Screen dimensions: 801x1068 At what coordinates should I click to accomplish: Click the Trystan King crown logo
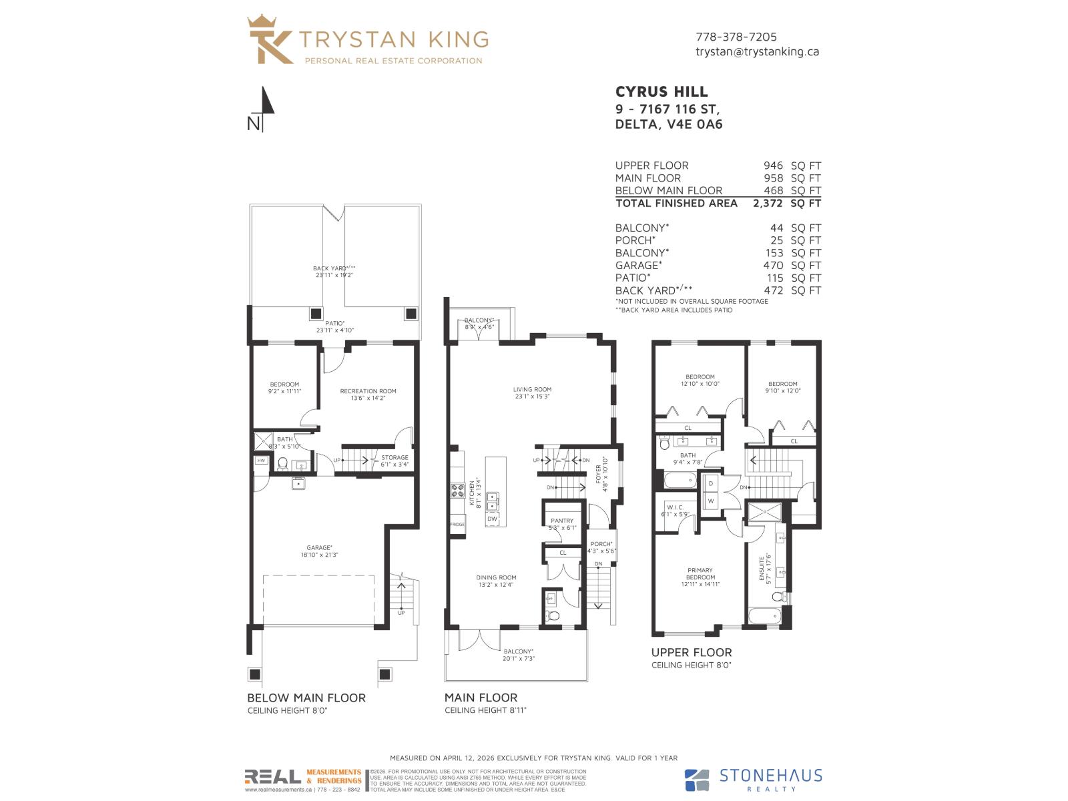(270, 40)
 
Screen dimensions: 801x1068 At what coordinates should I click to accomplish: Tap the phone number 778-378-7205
(736, 37)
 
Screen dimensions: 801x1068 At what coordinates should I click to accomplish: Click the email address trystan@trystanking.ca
(757, 51)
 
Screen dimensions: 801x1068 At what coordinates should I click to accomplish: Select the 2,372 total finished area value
(768, 203)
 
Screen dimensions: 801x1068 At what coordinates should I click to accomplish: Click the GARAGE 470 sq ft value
(774, 265)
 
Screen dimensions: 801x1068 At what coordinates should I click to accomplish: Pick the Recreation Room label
(368, 391)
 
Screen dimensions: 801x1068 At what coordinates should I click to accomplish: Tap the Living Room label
(532, 390)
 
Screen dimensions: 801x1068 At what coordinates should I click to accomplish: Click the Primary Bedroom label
(700, 573)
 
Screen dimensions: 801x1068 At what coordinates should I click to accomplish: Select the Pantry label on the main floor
(562, 521)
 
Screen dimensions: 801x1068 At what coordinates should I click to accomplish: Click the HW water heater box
(261, 461)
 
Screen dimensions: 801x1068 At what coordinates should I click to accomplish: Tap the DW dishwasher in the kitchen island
(492, 519)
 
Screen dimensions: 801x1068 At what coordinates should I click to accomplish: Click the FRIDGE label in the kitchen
(457, 524)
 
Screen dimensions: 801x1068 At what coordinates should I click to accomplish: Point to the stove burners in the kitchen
(458, 491)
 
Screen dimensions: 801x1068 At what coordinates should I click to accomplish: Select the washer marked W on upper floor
(710, 501)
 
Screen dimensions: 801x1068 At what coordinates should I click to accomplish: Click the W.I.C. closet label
(675, 507)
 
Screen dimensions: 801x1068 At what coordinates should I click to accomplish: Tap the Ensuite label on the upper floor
(762, 568)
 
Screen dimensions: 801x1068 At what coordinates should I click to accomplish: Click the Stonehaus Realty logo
(754, 779)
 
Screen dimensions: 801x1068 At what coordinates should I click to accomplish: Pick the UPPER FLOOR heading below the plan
(691, 652)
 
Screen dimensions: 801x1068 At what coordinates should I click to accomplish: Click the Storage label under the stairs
(394, 458)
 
